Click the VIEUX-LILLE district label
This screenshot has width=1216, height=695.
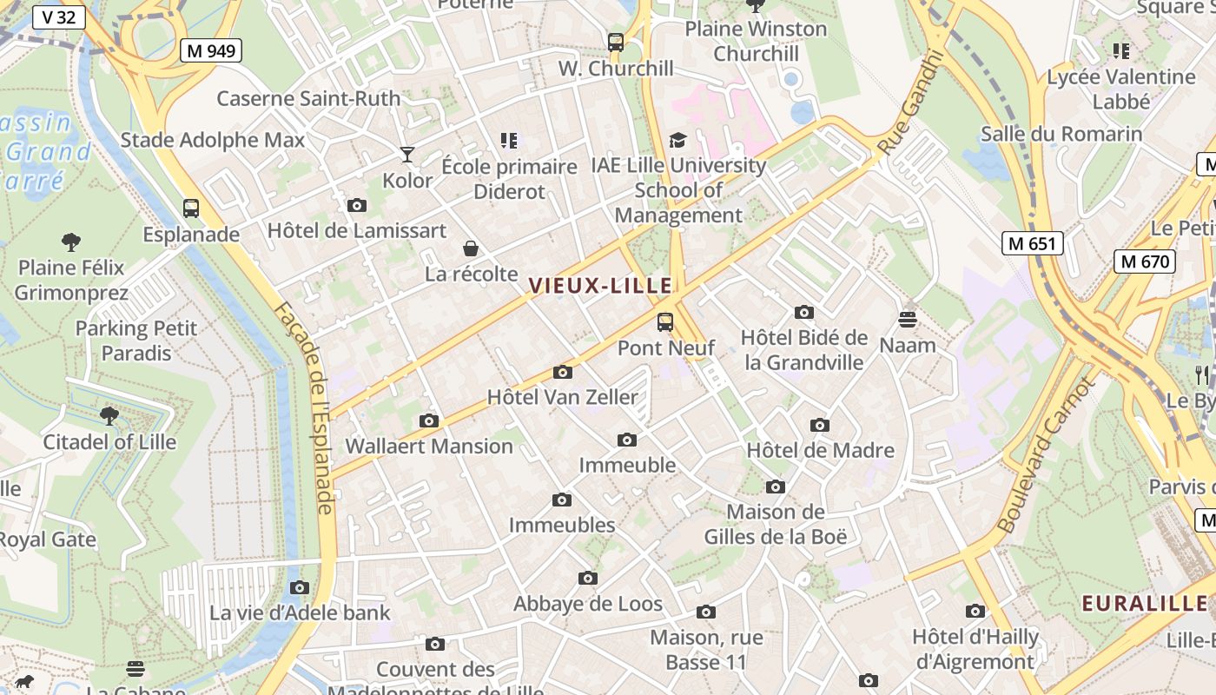pyautogui.click(x=600, y=285)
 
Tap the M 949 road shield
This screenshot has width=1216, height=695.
pyautogui.click(x=211, y=50)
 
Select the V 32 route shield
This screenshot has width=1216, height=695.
pyautogui.click(x=59, y=17)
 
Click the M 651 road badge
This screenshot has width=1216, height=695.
pyautogui.click(x=1033, y=243)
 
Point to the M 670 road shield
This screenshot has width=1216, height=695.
pyautogui.click(x=1145, y=261)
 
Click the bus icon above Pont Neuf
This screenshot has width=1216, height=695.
pyautogui.click(x=665, y=322)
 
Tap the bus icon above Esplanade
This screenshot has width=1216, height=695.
pyautogui.click(x=191, y=208)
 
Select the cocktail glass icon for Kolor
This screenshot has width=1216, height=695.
pyautogui.click(x=407, y=155)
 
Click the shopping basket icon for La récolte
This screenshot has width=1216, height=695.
pyautogui.click(x=471, y=248)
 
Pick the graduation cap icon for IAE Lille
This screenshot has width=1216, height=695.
pyautogui.click(x=677, y=140)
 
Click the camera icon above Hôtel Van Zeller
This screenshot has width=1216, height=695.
pyautogui.click(x=563, y=372)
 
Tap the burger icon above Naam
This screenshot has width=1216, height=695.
pyautogui.click(x=908, y=320)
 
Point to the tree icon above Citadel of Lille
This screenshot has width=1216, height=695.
pyautogui.click(x=109, y=416)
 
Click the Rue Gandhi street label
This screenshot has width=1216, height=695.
pyautogui.click(x=909, y=103)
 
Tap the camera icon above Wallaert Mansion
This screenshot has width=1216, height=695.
pyautogui.click(x=429, y=420)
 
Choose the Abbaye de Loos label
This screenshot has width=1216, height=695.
pyautogui.click(x=588, y=604)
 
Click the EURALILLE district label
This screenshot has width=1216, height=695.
pyautogui.click(x=1144, y=603)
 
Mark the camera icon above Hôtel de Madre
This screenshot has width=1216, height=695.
pyautogui.click(x=820, y=425)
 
